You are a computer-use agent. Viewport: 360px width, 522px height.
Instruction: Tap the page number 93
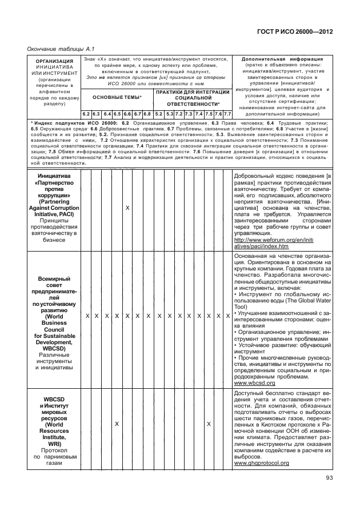(x=329, y=479)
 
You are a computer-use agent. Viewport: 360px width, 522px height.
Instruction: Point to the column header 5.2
(x=159, y=114)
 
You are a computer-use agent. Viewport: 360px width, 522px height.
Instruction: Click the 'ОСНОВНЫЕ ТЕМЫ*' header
(x=117, y=98)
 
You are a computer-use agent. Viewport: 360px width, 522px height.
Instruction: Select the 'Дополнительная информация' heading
(x=282, y=59)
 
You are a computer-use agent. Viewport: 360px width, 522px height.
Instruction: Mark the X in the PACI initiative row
(x=127, y=208)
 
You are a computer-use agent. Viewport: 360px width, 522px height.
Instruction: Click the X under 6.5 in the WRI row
(x=117, y=424)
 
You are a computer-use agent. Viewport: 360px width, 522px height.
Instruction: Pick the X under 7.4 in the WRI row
(x=209, y=424)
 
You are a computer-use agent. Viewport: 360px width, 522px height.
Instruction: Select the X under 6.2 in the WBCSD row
(x=86, y=316)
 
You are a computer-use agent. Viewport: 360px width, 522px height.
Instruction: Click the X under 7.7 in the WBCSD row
(x=227, y=316)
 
